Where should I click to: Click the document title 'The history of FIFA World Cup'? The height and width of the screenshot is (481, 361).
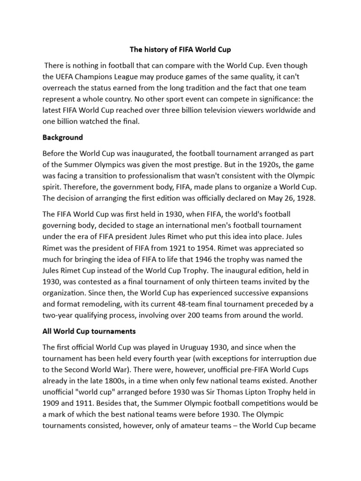point(180,49)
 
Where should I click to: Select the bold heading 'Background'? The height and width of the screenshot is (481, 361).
point(63,138)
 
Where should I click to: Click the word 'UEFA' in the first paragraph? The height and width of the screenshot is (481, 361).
point(67,78)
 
